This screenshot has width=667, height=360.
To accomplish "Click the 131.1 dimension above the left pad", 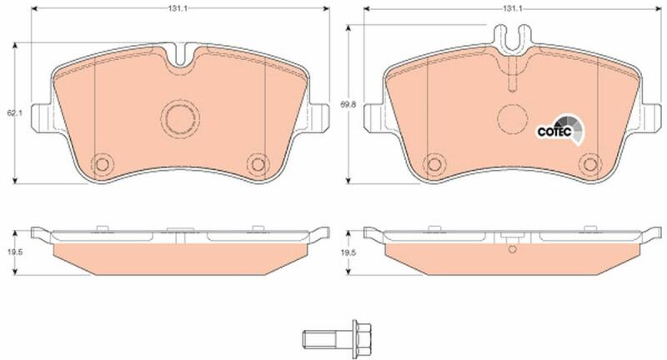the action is (180, 8).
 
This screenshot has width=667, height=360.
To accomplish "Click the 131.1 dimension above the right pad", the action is (512, 8).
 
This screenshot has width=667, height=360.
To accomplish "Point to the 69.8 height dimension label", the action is (348, 103).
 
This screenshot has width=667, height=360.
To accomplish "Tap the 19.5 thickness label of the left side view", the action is (15, 252).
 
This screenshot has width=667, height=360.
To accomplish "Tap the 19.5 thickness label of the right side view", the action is (348, 252).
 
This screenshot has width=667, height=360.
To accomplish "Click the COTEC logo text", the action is (554, 132).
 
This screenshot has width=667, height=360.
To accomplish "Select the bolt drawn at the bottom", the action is (337, 339).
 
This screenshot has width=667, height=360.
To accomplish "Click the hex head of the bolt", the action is (362, 339).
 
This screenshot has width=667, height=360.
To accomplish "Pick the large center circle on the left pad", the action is (180, 118).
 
